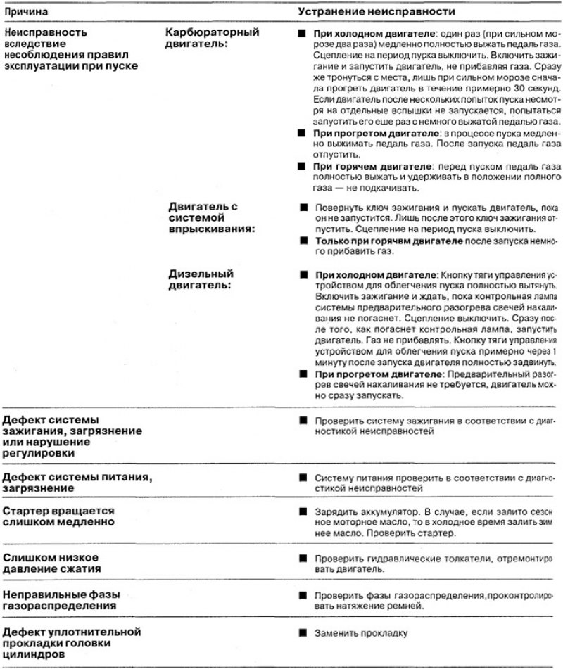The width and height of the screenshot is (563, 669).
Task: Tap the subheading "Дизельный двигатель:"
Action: tap(201, 279)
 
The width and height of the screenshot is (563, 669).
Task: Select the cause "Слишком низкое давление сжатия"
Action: tap(58, 563)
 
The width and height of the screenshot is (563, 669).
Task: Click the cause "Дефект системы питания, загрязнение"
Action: tap(77, 483)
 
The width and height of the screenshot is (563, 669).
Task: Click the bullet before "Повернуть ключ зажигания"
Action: tap(303, 209)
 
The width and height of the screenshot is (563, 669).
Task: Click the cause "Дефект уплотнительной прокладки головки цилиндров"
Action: tap(72, 642)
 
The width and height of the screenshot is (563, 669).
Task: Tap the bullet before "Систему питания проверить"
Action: tap(303, 476)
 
